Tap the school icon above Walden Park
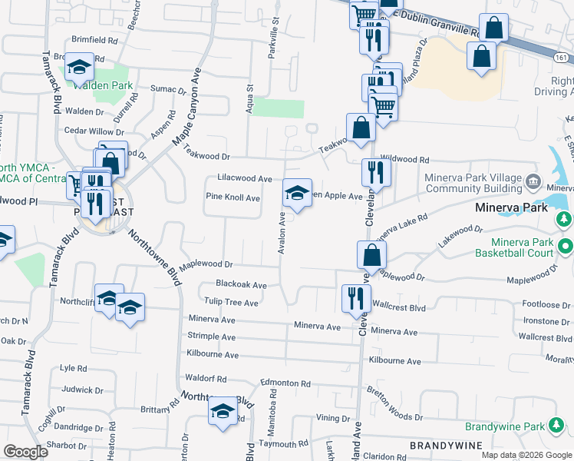pos(79,68)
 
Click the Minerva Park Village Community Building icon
pos(533,184)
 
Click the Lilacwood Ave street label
pos(245,178)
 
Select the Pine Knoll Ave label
pos(233,197)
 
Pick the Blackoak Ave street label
pos(241,285)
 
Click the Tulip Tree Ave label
pos(229,303)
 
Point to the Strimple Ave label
pos(212,337)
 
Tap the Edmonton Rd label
pos(285,383)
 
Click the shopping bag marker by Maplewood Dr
pos(371,254)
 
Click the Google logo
pos(25,452)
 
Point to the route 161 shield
pos(562,58)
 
